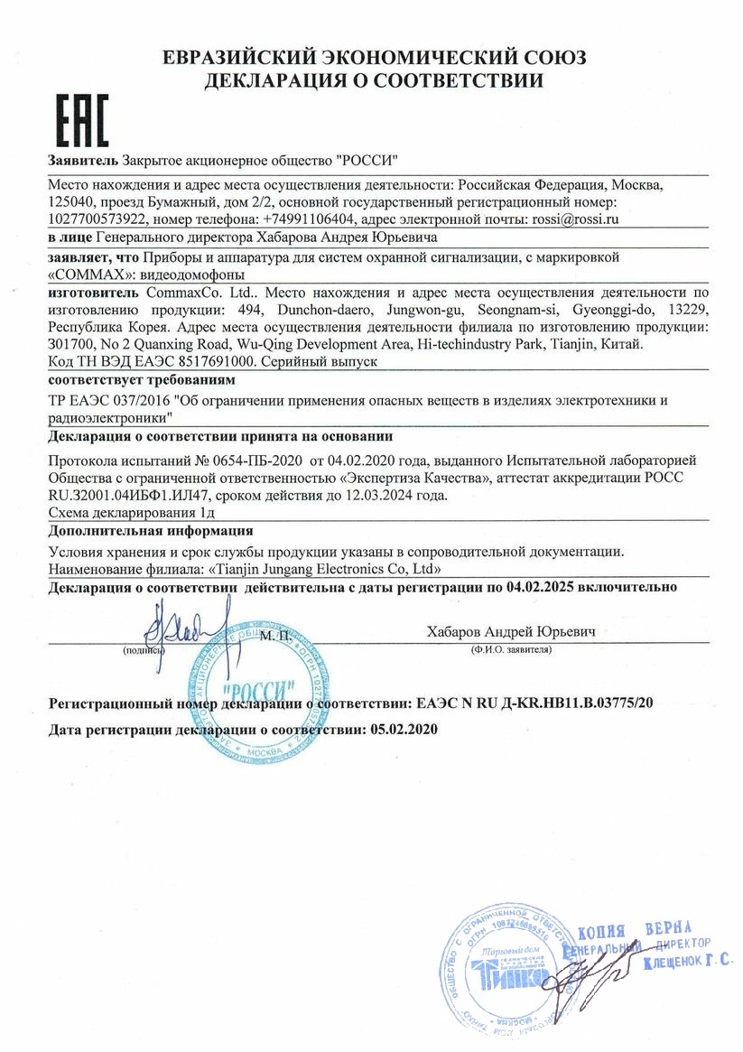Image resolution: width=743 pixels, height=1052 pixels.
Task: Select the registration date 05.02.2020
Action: point(404,729)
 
